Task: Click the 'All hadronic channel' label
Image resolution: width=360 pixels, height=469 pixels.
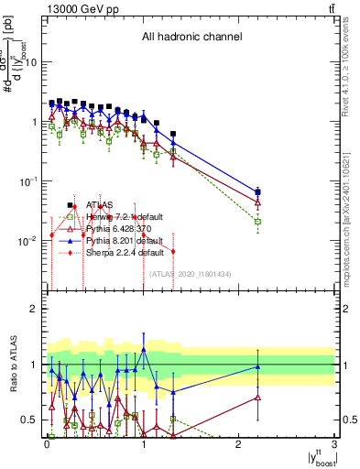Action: [191, 38]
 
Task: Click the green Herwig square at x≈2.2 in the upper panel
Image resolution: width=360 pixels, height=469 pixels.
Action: [258, 222]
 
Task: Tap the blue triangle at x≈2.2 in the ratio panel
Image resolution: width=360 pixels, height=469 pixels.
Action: [258, 367]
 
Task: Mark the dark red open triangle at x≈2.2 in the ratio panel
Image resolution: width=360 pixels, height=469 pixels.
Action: [258, 398]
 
